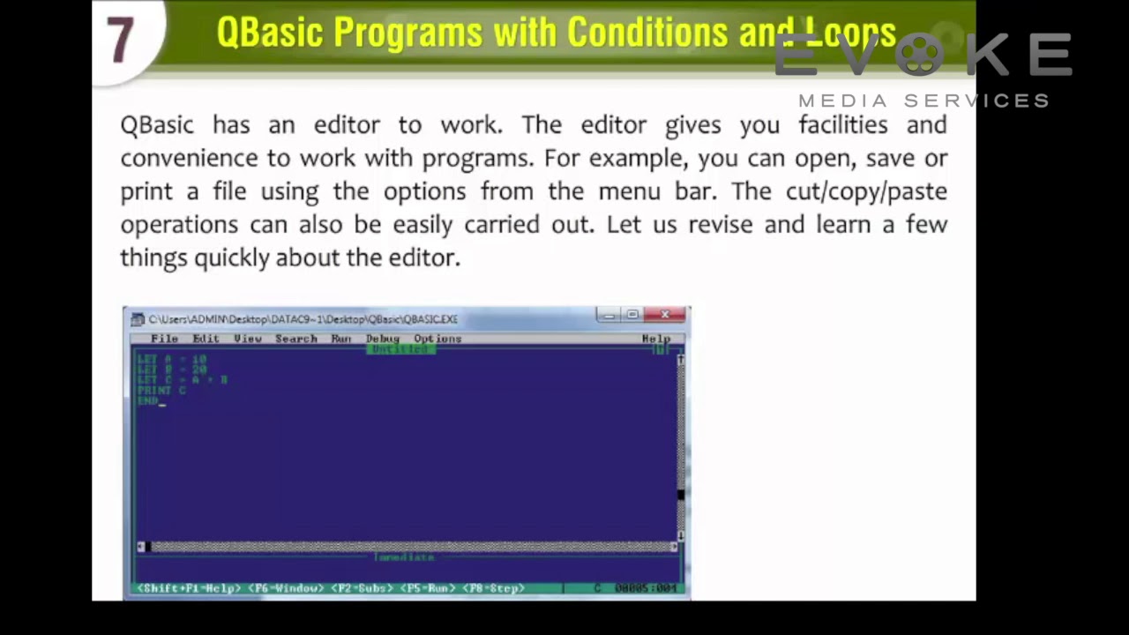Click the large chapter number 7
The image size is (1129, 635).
(x=121, y=40)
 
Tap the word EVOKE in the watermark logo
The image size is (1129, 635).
(x=923, y=56)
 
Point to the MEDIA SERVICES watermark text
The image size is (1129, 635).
(x=923, y=101)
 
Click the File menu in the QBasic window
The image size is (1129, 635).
(x=164, y=339)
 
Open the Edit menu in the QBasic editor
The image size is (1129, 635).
(x=206, y=339)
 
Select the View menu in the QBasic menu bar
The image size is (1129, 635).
(x=248, y=339)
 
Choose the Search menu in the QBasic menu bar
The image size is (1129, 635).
(x=295, y=339)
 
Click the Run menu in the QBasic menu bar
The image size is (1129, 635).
(x=341, y=339)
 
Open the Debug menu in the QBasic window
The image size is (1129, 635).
(x=383, y=339)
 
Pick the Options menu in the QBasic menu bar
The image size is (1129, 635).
(x=437, y=339)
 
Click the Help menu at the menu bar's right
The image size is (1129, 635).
(x=655, y=339)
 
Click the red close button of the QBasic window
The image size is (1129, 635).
(x=665, y=315)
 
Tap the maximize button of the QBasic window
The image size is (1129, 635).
(x=632, y=315)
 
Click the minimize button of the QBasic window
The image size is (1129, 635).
(x=609, y=315)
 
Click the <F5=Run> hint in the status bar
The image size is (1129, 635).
(x=428, y=588)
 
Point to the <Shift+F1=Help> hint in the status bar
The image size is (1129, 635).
(x=188, y=588)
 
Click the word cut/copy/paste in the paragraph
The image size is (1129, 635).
(x=866, y=191)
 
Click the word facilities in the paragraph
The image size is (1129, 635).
(x=843, y=125)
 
